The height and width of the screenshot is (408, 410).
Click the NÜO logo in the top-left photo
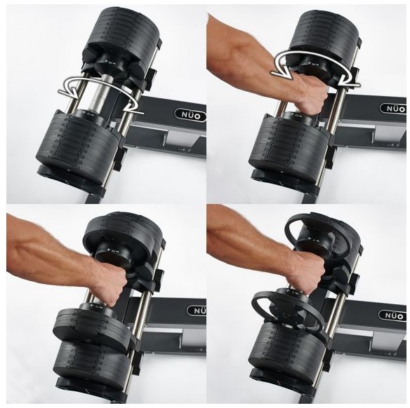pos(191,116)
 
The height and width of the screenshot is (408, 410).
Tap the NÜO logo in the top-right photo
pos(393,109)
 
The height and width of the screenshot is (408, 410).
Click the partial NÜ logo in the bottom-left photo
pos(197,311)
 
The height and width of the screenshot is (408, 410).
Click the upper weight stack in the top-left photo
pos(123,34)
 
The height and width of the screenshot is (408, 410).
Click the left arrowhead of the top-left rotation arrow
pos(69,92)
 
